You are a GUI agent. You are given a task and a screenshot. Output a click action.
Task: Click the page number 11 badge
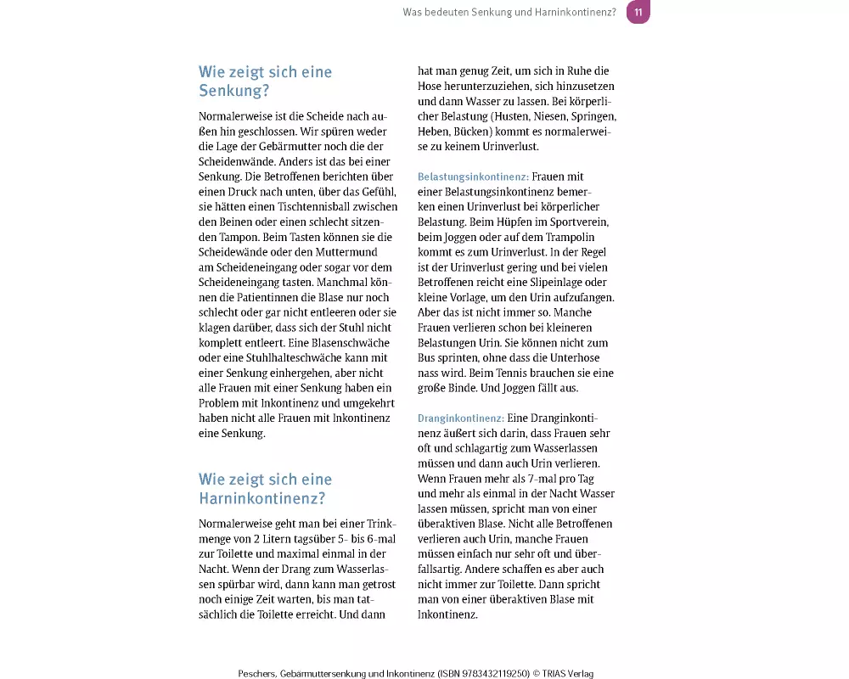tap(638, 12)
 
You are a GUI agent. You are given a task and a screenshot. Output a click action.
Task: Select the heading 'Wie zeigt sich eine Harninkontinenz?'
tap(265, 489)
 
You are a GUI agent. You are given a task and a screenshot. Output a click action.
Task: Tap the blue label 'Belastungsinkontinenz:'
tap(473, 177)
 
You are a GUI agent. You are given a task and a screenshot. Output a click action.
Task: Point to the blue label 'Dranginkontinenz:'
tap(461, 418)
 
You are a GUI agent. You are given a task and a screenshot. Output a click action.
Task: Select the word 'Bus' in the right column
tap(427, 357)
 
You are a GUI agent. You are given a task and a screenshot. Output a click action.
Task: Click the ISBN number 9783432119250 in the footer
tap(492, 673)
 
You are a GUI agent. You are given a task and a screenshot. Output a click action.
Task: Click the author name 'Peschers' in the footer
tap(260, 673)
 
